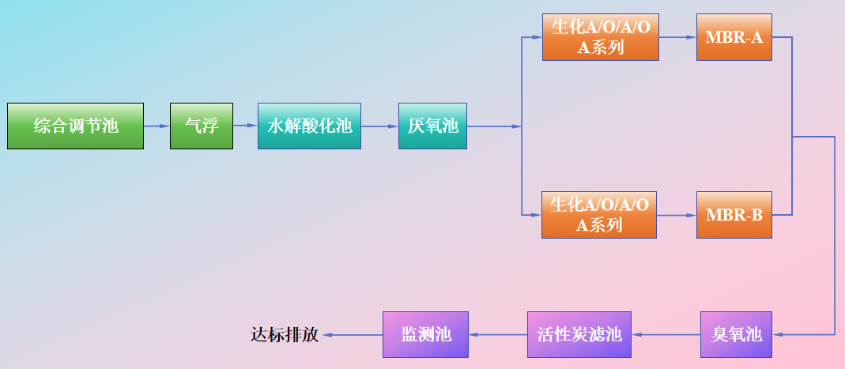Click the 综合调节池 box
coord(76,126)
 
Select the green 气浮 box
coord(202,126)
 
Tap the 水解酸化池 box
coord(309,126)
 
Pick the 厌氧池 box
coord(432,126)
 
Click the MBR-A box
coord(734,37)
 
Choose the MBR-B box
coord(734,215)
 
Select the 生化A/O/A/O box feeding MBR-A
coord(600,37)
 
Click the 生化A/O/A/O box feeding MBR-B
coord(599,215)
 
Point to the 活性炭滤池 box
coord(579,335)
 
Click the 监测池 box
coord(425,335)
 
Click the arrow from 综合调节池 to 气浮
coord(157,126)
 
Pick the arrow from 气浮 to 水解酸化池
coord(245,126)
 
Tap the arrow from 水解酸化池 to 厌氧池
coord(379,126)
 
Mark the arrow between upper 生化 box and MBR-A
coord(677,37)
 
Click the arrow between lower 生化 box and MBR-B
coord(677,215)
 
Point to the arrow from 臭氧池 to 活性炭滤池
coord(666,335)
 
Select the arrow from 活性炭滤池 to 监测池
coord(498,335)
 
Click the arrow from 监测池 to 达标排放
coord(352,335)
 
